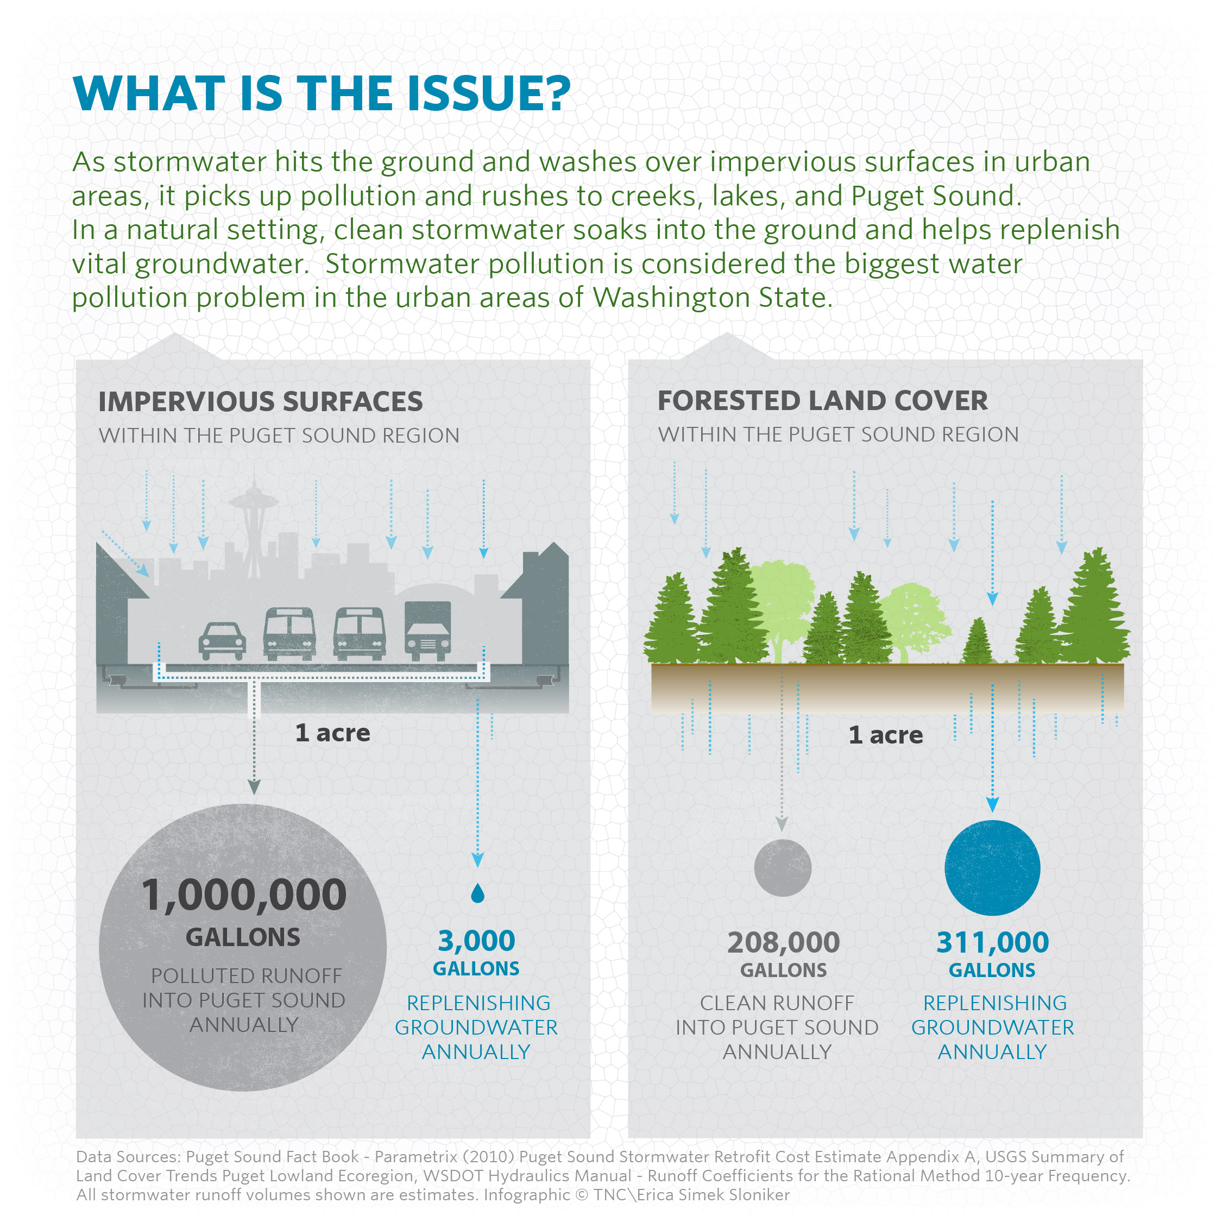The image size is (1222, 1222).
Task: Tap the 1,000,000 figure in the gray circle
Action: (243, 896)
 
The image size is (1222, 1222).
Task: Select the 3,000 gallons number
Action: (476, 941)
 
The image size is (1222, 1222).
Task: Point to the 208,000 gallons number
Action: (783, 942)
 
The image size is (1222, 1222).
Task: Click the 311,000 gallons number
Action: (992, 942)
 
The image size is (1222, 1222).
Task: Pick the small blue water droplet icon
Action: (477, 893)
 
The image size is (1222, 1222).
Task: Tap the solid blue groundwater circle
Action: (992, 868)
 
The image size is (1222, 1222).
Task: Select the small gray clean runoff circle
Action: (783, 868)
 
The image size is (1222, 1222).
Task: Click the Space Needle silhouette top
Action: (254, 500)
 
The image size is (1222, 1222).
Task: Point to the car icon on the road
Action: (222, 640)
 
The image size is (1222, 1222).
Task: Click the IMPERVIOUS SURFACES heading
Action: (260, 402)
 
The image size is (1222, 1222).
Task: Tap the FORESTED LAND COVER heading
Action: (822, 400)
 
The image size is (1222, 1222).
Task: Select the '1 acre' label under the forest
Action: (885, 735)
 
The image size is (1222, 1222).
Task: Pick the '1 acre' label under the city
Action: (333, 733)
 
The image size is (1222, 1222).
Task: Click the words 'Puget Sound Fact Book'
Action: (272, 1157)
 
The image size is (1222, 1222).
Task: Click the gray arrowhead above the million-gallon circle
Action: (254, 787)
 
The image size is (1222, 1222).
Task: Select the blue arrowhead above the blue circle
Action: (992, 804)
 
